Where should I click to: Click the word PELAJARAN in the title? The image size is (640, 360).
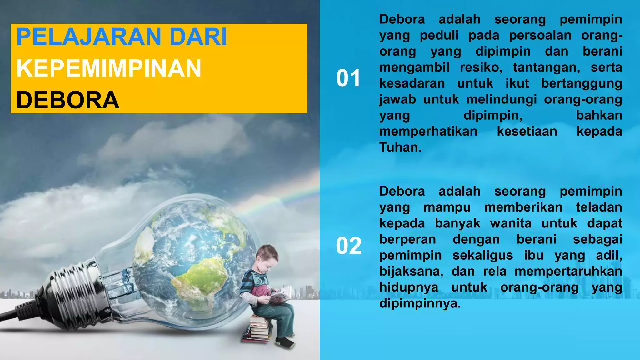click(88, 37)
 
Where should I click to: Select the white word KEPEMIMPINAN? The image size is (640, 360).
click(108, 68)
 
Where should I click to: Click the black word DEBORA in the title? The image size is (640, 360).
click(67, 100)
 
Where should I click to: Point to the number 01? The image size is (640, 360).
click(348, 78)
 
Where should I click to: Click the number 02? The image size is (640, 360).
click(348, 246)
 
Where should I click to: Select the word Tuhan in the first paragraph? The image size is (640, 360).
click(400, 147)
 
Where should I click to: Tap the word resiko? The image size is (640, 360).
click(481, 67)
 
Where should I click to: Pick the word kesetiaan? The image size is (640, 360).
click(527, 131)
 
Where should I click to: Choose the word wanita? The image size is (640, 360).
click(511, 223)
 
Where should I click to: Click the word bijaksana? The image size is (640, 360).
click(411, 271)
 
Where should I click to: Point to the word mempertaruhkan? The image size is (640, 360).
click(568, 271)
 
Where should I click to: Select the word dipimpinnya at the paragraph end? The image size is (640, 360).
click(420, 303)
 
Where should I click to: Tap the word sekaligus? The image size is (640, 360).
click(482, 255)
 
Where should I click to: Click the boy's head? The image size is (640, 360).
click(267, 257)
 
